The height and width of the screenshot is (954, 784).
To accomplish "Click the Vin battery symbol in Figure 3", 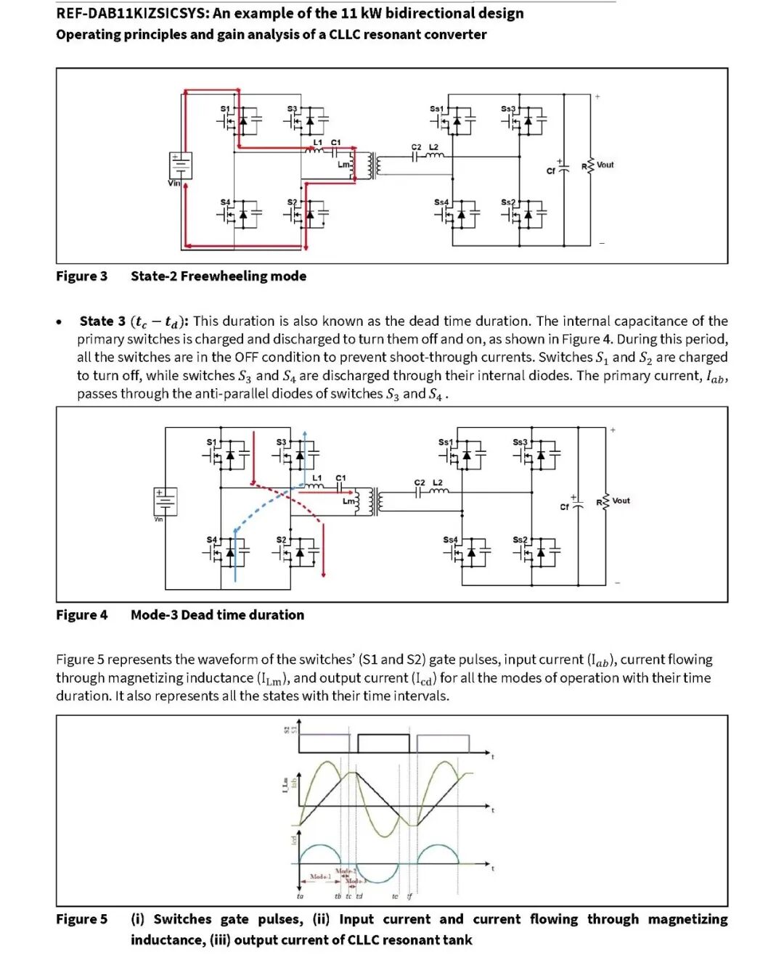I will point(180,165).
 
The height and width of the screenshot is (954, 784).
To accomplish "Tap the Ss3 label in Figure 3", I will point(507,109).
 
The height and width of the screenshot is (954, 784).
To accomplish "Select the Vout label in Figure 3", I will point(605,165).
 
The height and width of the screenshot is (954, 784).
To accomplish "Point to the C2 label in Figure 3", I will point(416,147).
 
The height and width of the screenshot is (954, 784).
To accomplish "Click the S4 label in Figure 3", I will point(225,202).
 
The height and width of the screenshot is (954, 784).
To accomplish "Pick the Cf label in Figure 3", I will point(551,171).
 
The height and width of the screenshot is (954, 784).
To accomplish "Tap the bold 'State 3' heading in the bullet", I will point(102,321).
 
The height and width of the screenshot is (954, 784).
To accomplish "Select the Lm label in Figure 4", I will point(348,501).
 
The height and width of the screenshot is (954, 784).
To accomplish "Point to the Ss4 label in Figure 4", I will point(450,540).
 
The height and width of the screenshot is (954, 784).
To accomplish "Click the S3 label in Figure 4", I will point(281,442).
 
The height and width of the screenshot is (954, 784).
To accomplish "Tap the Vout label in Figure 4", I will point(621,501).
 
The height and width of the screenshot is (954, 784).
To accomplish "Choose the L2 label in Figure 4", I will point(438,482).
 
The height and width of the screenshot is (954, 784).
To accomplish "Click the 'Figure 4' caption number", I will point(81,615).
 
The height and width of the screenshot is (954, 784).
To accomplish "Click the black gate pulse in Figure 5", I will point(383,744).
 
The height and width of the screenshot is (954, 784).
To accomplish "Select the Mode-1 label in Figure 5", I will point(320,877).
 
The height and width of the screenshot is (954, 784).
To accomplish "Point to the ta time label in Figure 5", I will point(300,897).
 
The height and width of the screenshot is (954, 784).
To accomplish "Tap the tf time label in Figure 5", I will point(409,897).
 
